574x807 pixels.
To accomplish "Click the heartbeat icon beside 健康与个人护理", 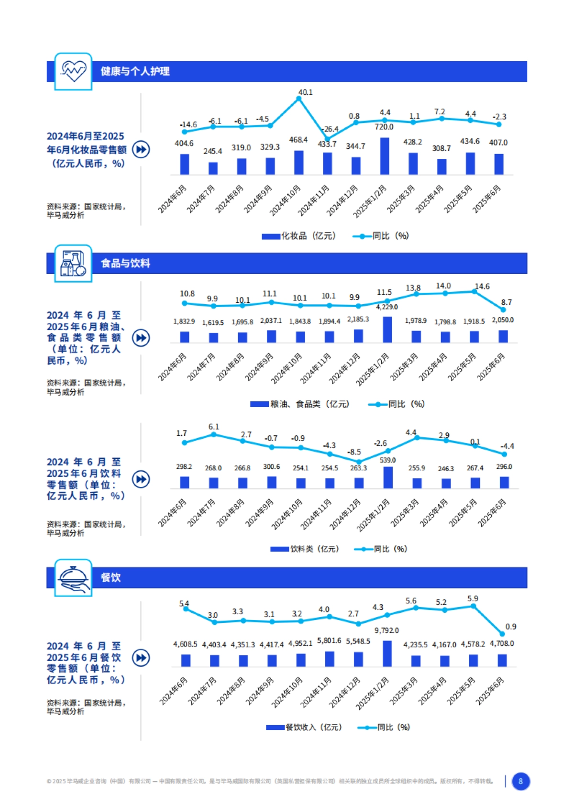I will point(73,71).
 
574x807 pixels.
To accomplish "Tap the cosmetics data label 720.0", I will point(384,127).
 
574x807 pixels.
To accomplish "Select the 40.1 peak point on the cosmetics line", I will point(299,99).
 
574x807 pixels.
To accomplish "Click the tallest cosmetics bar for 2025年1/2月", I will point(385,156).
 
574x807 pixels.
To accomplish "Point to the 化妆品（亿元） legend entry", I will point(299,236).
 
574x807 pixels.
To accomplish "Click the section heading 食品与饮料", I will point(125,263).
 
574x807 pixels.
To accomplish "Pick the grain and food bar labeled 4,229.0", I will point(387,330).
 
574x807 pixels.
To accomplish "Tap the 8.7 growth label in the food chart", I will point(507,302).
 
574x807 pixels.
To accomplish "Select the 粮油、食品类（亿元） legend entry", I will point(300,404).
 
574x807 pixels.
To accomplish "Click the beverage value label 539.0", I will point(387,460).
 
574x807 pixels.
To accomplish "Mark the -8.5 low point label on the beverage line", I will point(354,452).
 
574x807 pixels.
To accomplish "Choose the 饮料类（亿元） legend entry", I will point(305,549).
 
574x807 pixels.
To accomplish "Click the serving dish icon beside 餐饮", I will point(73,577).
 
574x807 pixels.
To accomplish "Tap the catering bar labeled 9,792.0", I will point(387,653).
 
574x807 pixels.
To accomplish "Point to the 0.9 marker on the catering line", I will point(502,634).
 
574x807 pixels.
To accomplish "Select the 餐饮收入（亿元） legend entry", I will point(304,728).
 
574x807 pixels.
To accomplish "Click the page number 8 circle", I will point(521,781).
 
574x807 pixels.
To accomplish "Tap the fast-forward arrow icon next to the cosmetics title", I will point(141,149).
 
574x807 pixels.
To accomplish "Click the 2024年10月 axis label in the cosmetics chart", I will point(285,200).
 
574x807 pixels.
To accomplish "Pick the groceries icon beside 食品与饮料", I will point(73,263).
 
